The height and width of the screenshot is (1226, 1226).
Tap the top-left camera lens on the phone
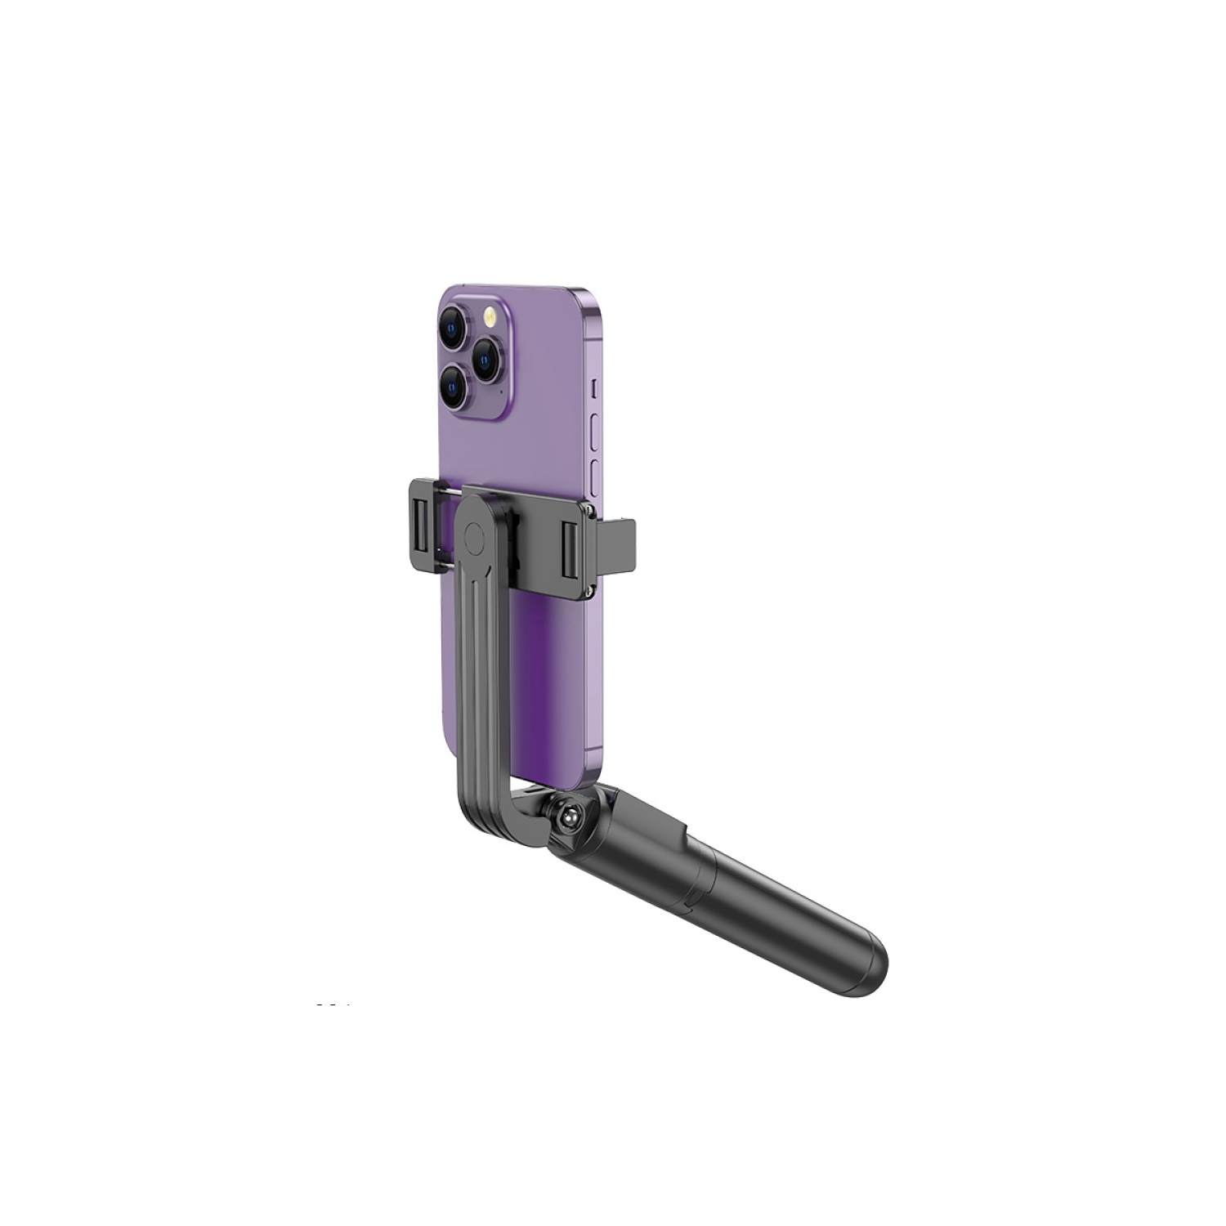pyautogui.click(x=459, y=329)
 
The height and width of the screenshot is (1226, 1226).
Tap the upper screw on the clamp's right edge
pyautogui.click(x=586, y=510)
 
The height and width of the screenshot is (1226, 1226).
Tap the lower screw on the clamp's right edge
pyautogui.click(x=586, y=585)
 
